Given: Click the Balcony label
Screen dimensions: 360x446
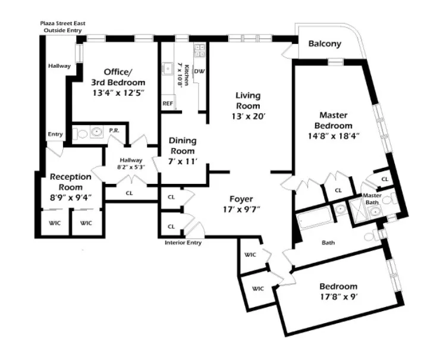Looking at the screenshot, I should tap(325, 44).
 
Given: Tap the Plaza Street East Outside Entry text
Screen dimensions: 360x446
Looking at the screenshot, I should tap(62, 27).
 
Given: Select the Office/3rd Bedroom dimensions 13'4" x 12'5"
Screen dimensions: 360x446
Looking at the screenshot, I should tap(117, 93).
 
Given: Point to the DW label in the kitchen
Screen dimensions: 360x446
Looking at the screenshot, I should tap(200, 71).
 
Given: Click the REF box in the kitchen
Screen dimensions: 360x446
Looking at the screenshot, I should tap(168, 103).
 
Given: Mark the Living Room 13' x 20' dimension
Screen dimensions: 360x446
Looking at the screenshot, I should tap(248, 117).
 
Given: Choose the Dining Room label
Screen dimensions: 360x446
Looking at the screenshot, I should tap(182, 146).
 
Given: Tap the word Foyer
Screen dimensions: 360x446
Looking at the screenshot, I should tap(241, 199).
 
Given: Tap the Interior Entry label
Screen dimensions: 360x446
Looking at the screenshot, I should tap(183, 242).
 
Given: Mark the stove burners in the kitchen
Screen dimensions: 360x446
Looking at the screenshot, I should tap(199, 51).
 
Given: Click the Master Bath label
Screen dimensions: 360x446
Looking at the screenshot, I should tap(372, 198).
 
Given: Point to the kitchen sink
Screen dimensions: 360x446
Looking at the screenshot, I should tap(169, 69).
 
